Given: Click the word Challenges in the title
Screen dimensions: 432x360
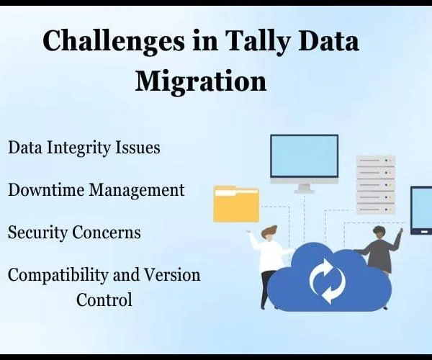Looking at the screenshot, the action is click(x=114, y=41).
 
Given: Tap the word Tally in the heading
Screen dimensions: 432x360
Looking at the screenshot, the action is click(x=258, y=41).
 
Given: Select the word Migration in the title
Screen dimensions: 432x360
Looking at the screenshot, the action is click(x=201, y=81).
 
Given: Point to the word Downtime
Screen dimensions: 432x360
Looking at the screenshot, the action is click(x=46, y=190).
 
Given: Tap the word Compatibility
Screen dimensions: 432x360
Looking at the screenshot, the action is click(x=58, y=276).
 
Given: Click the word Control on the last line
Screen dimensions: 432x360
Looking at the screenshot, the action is click(x=104, y=300).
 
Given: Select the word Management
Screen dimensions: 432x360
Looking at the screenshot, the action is click(x=137, y=190).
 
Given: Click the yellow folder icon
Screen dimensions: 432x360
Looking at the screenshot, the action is click(x=236, y=204).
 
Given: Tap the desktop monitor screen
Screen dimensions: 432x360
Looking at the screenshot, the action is click(x=304, y=156).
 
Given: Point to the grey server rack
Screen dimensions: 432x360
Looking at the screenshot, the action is click(x=376, y=185).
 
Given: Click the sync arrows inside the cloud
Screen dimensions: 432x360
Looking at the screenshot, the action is click(x=328, y=280).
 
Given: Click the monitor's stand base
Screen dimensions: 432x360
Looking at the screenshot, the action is click(x=304, y=191).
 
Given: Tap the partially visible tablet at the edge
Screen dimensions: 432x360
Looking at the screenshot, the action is click(x=421, y=211).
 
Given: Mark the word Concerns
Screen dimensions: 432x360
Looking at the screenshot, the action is click(x=107, y=233).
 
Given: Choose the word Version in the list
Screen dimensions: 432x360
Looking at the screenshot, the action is click(x=173, y=276).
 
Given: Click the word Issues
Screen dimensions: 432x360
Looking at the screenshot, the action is click(x=138, y=148).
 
